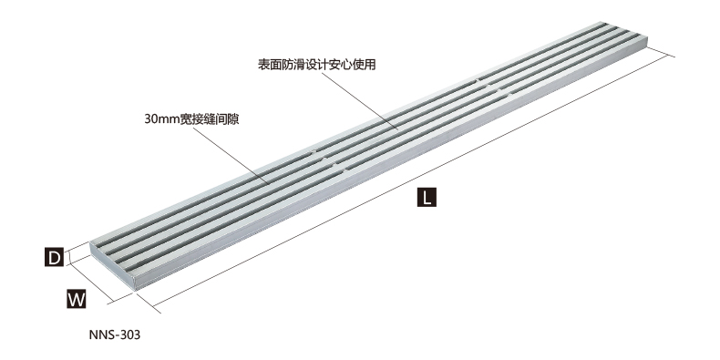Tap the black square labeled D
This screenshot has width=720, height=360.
(x=55, y=258)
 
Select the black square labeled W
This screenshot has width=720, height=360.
(x=76, y=298)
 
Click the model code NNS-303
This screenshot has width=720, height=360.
(x=114, y=334)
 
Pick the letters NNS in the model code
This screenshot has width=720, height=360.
(x=100, y=334)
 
